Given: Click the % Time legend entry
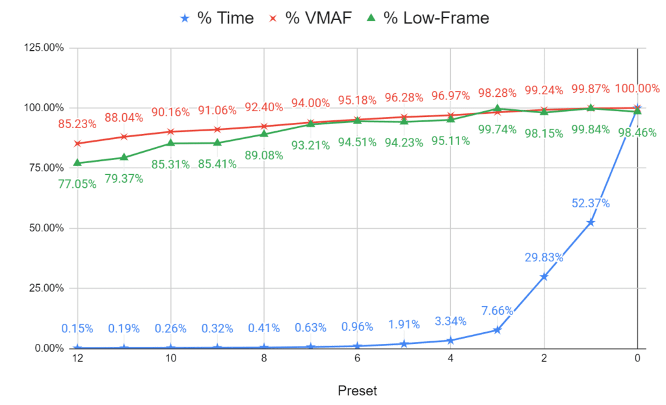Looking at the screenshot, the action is pyautogui.click(x=217, y=18).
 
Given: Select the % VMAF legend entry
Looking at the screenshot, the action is pyautogui.click(x=310, y=18).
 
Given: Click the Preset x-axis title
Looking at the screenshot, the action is pyautogui.click(x=357, y=391).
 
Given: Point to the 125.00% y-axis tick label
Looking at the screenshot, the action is pyautogui.click(x=44, y=47).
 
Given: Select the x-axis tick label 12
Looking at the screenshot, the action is pyautogui.click(x=77, y=358).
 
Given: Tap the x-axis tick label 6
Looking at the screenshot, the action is pyautogui.click(x=357, y=358).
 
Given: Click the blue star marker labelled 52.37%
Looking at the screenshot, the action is pyautogui.click(x=591, y=222).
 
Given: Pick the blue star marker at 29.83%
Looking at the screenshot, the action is pyautogui.click(x=544, y=276).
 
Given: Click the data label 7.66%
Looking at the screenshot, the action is pyautogui.click(x=497, y=311).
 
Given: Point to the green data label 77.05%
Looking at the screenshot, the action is pyautogui.click(x=77, y=184).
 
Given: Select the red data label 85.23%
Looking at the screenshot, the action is pyautogui.click(x=77, y=124).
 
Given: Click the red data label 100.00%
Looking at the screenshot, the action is pyautogui.click(x=637, y=88).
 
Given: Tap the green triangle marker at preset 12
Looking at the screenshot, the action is pyautogui.click(x=77, y=163).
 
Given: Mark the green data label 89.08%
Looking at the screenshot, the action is pyautogui.click(x=264, y=155).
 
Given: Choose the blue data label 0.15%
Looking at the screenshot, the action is pyautogui.click(x=77, y=328).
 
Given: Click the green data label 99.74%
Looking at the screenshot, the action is pyautogui.click(x=497, y=129).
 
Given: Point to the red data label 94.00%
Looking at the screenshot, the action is pyautogui.click(x=310, y=103).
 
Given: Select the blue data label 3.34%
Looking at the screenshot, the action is pyautogui.click(x=450, y=321).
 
